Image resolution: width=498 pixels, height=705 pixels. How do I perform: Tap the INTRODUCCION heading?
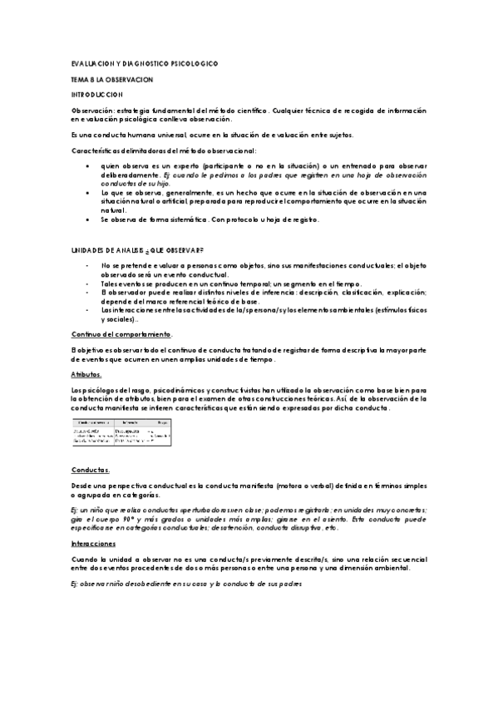(x=96, y=94)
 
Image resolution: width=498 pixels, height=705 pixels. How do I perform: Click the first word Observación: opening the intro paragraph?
(x=91, y=110)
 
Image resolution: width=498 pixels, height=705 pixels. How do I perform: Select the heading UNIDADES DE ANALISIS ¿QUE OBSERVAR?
(x=136, y=250)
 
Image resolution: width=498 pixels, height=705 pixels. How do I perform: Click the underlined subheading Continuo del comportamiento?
(x=121, y=333)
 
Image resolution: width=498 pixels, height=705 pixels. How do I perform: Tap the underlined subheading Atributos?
(x=86, y=375)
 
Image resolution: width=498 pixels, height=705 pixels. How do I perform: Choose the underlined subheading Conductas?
(x=88, y=470)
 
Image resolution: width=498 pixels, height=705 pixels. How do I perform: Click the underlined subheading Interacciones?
(x=92, y=542)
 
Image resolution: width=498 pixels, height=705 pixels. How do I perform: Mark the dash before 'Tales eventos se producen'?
(x=88, y=283)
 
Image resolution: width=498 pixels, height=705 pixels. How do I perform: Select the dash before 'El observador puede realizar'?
(x=88, y=292)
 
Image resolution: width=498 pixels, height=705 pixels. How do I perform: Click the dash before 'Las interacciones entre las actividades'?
(x=88, y=309)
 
